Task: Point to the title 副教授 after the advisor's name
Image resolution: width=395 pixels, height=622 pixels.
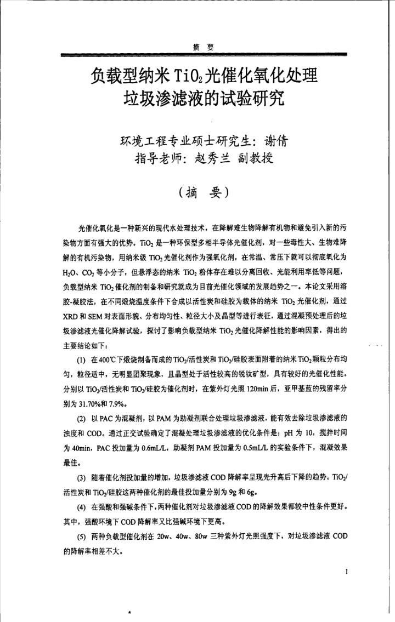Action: tap(255, 159)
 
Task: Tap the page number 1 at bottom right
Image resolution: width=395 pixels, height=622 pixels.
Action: tap(348, 572)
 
